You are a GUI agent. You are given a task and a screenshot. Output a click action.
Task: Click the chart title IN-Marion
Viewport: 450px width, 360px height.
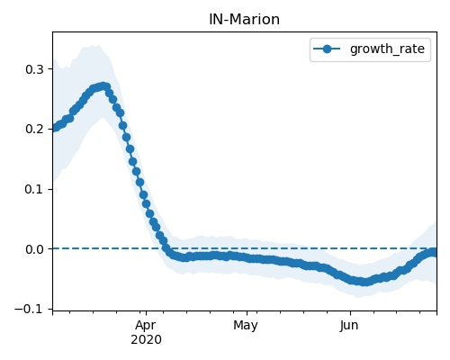point(244,20)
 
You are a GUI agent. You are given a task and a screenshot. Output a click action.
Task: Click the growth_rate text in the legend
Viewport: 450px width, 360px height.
point(387,49)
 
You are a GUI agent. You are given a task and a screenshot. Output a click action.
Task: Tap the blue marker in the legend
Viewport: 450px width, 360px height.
point(327,49)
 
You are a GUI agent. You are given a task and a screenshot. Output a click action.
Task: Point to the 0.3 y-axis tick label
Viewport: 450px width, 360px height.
point(35,69)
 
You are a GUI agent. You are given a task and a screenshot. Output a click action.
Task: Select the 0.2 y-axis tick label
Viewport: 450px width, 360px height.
point(35,129)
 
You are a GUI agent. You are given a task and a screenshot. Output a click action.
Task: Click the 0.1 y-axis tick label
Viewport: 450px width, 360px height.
point(35,189)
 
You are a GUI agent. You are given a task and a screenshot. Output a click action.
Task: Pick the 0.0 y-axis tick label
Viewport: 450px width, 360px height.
point(35,249)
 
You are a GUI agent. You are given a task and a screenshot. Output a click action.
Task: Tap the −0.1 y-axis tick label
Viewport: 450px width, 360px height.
point(30,309)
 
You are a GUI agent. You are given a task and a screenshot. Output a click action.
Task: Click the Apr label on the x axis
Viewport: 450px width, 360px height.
point(146,326)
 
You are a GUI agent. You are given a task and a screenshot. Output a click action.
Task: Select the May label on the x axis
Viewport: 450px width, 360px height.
point(246,326)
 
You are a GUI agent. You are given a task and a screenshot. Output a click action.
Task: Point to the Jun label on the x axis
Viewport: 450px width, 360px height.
point(349,326)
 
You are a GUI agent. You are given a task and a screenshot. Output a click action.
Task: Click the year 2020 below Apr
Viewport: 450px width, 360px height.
point(146,340)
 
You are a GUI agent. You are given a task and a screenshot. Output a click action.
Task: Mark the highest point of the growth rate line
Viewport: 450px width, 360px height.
point(103,86)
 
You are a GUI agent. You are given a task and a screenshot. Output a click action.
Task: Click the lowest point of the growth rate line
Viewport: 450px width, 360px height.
point(364,282)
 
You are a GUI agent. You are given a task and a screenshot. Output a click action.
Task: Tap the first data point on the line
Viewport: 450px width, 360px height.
point(54,128)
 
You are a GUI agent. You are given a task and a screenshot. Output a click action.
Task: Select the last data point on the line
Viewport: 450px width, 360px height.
point(435,253)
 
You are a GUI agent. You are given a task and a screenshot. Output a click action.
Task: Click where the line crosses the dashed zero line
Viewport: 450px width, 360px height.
point(165,248)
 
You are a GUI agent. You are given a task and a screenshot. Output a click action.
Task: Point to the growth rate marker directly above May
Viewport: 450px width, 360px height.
point(247,257)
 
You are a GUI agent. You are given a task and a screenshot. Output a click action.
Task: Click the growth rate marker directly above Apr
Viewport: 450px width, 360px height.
point(146,204)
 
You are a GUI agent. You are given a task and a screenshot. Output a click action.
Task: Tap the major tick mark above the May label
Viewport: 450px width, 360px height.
point(247,313)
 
